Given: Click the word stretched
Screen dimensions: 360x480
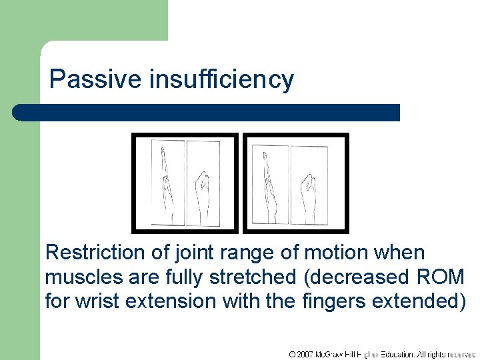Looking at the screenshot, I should coord(241,277).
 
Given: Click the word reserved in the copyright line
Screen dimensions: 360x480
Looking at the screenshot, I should coord(461,354).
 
